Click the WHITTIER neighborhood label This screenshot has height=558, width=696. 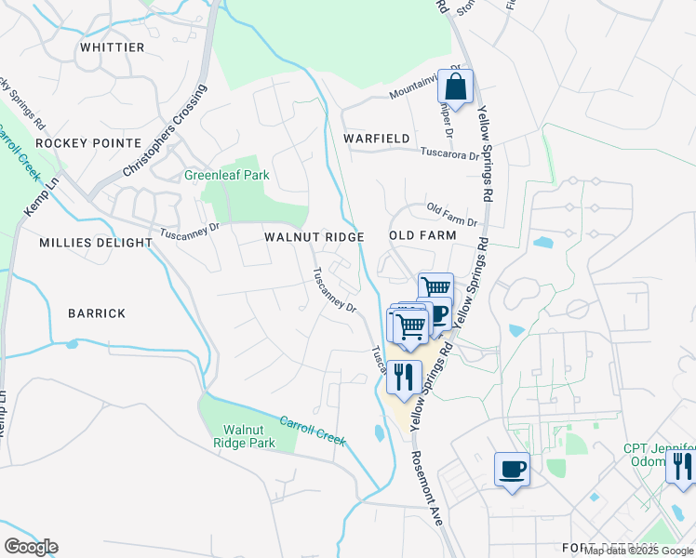coord(113,47)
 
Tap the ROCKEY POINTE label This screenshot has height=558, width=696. coord(87,143)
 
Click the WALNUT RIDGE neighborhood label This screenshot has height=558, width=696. coord(314,237)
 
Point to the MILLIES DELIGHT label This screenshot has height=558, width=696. coord(96,243)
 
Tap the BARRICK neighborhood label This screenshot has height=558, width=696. coord(97,313)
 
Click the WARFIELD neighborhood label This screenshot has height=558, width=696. coord(377,139)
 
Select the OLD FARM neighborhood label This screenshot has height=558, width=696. coord(422,236)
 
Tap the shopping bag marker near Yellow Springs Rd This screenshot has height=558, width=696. coord(456,88)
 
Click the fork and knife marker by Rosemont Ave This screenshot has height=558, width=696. coord(404,377)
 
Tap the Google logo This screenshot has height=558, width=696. coord(31,547)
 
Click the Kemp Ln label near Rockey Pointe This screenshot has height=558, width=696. coord(41,199)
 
